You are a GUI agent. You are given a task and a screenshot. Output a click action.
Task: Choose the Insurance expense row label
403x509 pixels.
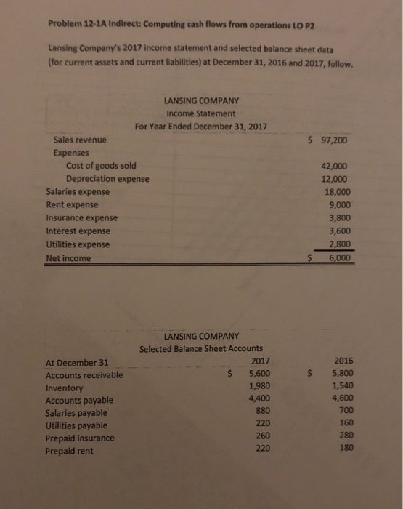tap(81, 218)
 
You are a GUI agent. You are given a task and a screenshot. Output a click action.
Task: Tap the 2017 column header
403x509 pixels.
tap(259, 361)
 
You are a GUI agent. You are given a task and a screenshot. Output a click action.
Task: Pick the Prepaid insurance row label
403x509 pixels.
tap(79, 438)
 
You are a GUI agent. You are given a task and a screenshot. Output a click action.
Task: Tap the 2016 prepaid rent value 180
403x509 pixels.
tap(346, 448)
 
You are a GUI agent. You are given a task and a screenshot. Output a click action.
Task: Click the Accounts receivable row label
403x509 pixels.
tap(84, 375)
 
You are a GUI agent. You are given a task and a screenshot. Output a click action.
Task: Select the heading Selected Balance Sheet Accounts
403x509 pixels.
tap(201, 349)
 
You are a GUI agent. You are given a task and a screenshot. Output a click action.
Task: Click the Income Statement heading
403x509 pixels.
tap(201, 113)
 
